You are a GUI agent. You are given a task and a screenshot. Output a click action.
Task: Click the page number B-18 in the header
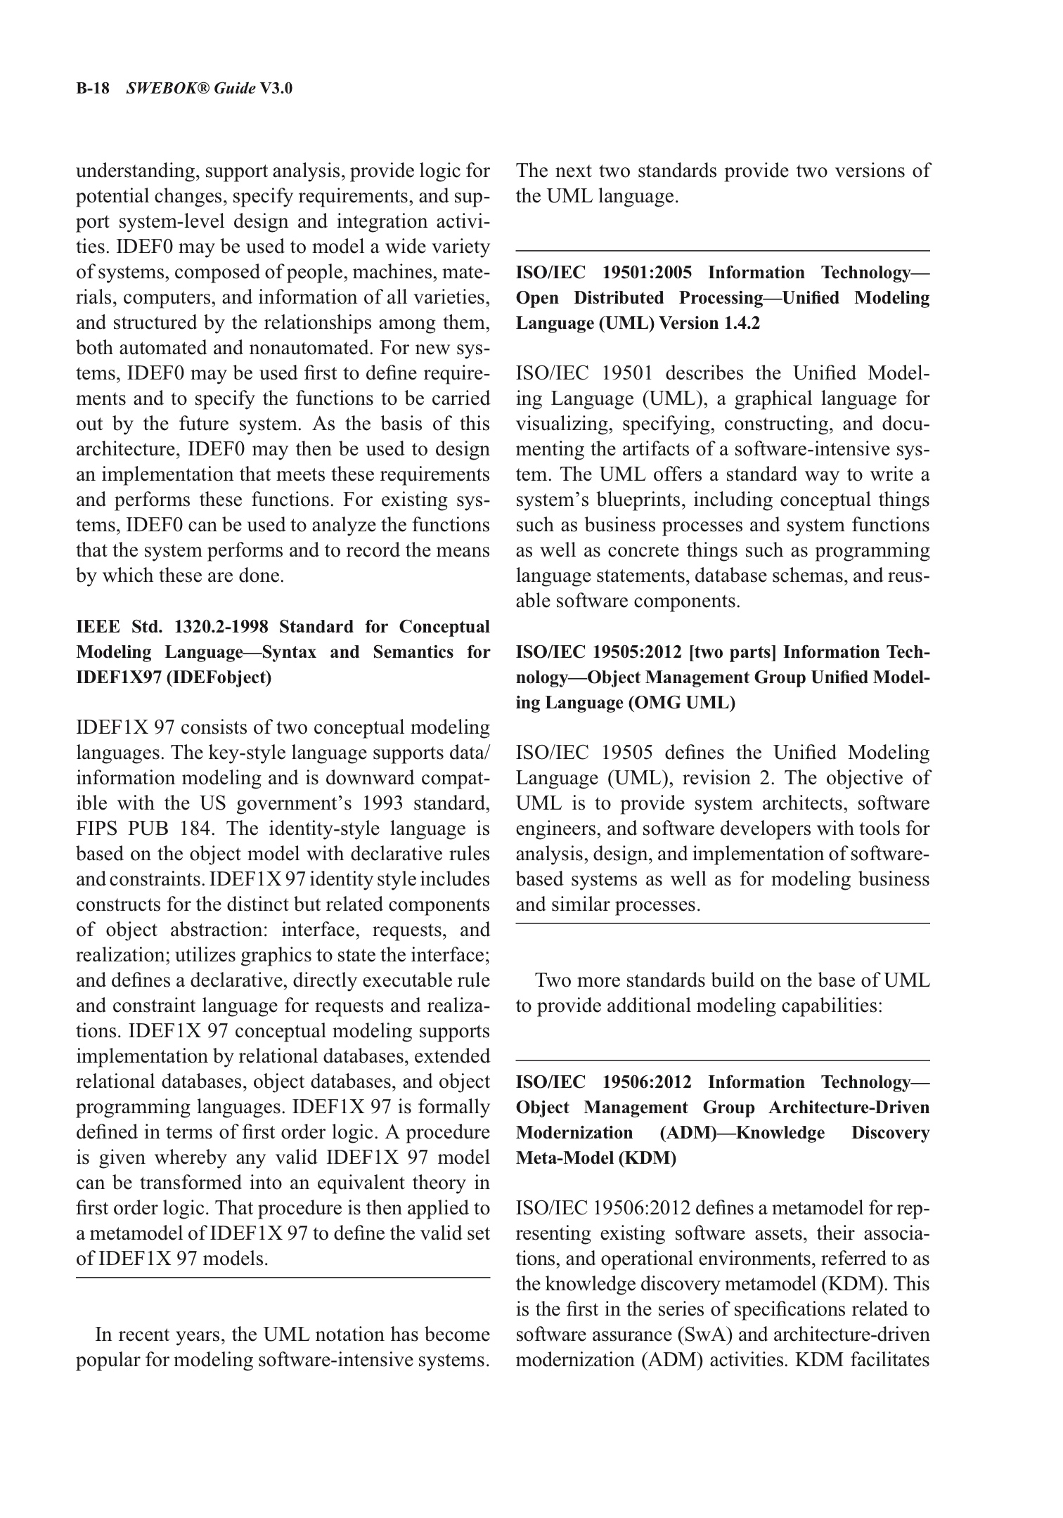tap(92, 89)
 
